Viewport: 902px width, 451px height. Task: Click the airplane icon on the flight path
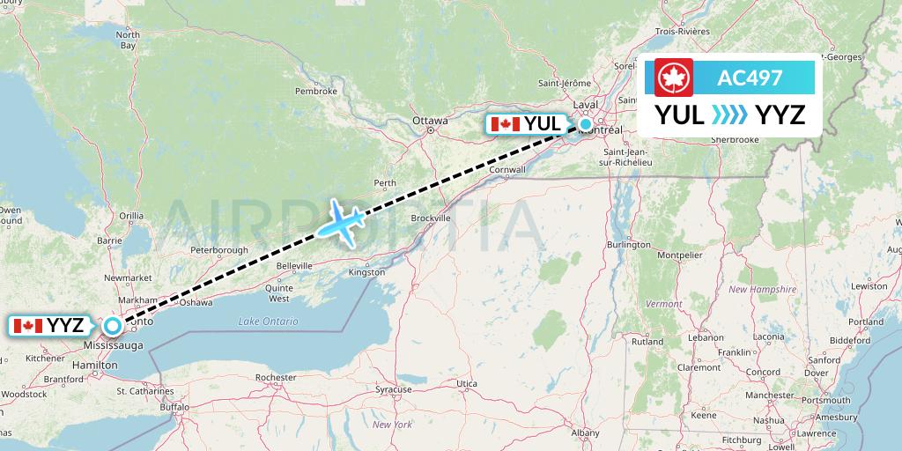point(339,222)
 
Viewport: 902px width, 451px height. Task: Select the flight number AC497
point(750,78)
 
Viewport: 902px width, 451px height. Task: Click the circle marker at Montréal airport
point(586,124)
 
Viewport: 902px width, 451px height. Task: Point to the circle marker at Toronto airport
point(113,326)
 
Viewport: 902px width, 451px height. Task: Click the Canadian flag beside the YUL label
point(505,124)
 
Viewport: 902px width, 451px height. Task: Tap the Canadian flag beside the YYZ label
point(28,326)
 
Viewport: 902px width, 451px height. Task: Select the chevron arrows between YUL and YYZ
point(729,115)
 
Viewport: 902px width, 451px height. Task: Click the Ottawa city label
point(430,121)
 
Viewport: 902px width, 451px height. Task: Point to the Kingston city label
point(367,272)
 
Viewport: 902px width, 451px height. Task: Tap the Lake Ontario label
point(268,321)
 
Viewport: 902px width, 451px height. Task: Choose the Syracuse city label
point(393,388)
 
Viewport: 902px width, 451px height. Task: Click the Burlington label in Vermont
point(629,244)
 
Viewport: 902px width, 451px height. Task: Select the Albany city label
point(585,433)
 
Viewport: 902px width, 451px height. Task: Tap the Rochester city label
point(275,377)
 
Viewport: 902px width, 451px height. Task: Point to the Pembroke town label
point(316,91)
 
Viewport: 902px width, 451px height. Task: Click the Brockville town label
point(431,218)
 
